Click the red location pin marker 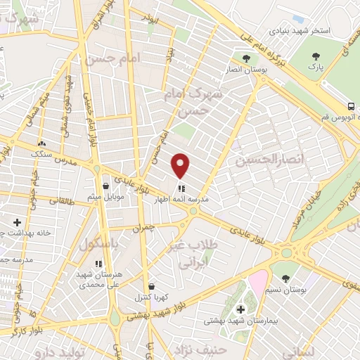coord(181,166)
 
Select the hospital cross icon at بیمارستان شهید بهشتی coord(240,309)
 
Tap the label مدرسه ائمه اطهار coord(182,200)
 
